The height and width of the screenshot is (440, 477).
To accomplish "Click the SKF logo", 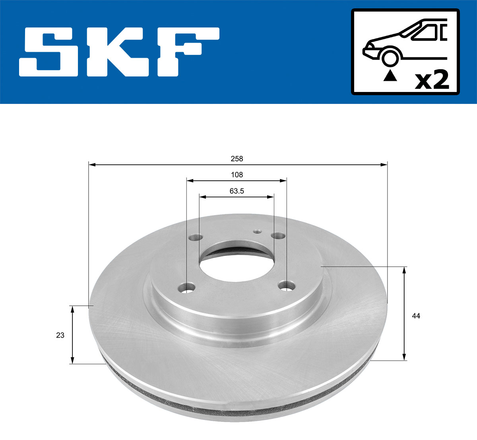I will point(119,52).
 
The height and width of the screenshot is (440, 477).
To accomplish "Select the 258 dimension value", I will point(237,158).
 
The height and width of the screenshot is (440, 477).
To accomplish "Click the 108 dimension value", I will point(237,174).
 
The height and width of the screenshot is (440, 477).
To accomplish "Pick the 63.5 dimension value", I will point(237,191).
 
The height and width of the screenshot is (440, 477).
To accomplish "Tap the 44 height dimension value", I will point(416,316).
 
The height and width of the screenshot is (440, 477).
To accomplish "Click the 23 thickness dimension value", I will point(60,335).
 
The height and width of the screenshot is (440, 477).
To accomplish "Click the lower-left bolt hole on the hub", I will point(187,287).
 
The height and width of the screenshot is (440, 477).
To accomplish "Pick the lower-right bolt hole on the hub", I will point(287,285).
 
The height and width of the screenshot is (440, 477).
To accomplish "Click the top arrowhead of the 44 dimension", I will point(404,270).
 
